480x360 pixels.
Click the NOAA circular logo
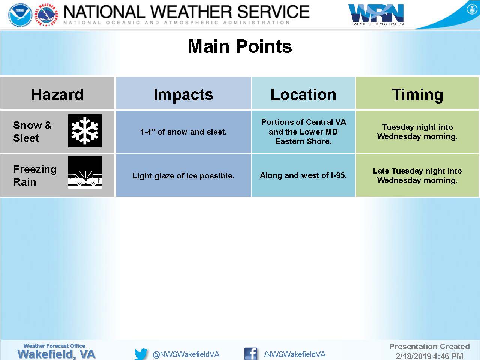pos(20,15)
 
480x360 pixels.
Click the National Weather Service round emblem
pos(46,15)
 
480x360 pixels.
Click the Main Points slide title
pos(240,46)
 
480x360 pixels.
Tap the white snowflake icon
pos(85,131)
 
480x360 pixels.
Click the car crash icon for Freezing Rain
pos(85,172)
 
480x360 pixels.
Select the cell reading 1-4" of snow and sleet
pos(183,132)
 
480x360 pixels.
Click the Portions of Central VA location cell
pos(303,132)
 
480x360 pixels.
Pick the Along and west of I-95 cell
pos(303,175)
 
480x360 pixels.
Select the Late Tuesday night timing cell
pos(417,175)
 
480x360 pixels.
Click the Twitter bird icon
pos(141,354)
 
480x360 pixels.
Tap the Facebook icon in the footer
pos(250,354)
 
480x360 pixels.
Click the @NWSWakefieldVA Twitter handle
pos(186,354)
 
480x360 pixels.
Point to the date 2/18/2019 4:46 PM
pos(429,356)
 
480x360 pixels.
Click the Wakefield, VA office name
pos(56,354)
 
